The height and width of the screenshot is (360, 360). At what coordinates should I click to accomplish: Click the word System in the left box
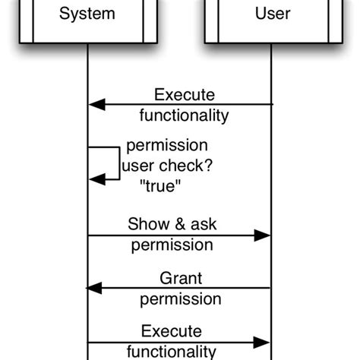pos(87,13)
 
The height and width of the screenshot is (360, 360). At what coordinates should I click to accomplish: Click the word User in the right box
pos(272,13)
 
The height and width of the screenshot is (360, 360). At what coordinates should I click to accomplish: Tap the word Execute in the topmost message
pos(185,95)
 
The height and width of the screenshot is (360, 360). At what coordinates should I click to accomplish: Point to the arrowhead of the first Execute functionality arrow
pos(96,105)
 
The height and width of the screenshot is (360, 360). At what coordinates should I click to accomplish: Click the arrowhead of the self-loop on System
pos(96,179)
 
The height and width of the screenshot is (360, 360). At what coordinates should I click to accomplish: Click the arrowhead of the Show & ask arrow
pos(262,235)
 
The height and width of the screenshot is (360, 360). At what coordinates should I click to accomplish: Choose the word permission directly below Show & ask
pos(172,245)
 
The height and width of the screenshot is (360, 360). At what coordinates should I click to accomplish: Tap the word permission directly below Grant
pos(180,298)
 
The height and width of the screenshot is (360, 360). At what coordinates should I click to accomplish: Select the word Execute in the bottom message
pos(172,331)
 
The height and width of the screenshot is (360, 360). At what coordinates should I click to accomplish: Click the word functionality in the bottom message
pos(171,352)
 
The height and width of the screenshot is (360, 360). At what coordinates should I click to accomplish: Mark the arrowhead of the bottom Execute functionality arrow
pos(262,341)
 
